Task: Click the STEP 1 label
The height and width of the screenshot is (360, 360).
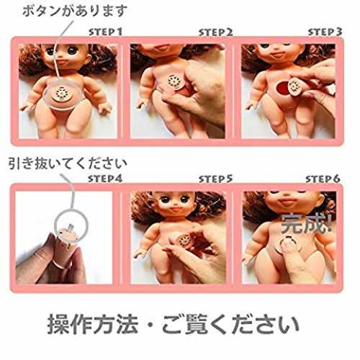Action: [x=105, y=32]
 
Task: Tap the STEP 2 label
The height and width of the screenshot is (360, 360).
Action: [x=215, y=32]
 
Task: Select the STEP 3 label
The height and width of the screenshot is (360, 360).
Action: [x=325, y=32]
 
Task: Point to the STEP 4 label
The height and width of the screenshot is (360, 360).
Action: [x=105, y=179]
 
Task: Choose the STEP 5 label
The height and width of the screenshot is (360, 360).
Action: [x=215, y=179]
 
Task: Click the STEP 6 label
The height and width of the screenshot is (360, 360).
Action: [x=323, y=179]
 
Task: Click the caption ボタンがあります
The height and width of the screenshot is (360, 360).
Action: [x=75, y=11]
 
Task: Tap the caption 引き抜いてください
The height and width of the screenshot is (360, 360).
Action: [x=68, y=163]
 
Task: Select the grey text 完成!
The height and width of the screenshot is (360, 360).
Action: [x=307, y=224]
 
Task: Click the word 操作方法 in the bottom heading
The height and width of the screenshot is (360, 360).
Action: [x=93, y=325]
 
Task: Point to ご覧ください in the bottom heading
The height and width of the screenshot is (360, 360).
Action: [x=230, y=325]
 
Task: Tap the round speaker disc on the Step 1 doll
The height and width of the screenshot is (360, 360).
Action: [x=63, y=95]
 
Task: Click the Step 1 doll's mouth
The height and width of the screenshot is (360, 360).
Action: [x=63, y=63]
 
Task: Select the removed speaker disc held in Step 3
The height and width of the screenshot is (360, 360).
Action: [x=296, y=86]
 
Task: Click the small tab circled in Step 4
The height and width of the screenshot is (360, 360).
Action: [x=71, y=227]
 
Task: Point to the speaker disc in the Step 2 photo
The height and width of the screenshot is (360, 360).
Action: [x=176, y=82]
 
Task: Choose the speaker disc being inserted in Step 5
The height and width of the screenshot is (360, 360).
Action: [x=185, y=240]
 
